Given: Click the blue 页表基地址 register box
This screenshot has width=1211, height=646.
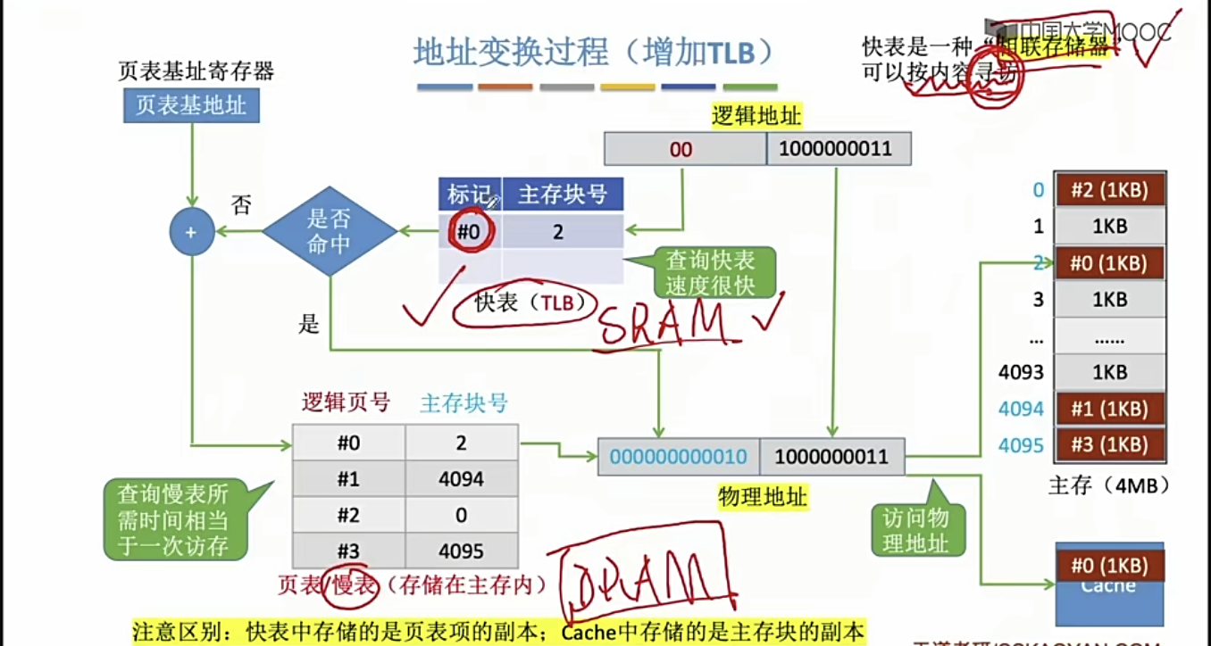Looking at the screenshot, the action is coord(191,105).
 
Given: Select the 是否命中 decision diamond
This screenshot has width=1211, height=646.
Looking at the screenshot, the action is coord(330,232).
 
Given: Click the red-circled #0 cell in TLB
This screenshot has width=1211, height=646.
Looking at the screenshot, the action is coord(469,232).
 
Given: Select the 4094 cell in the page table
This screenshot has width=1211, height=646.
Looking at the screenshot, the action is coord(461,479).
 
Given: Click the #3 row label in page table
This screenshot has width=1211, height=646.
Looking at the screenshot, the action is coord(348,551).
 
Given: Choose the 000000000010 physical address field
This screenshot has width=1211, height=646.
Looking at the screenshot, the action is coord(679,458).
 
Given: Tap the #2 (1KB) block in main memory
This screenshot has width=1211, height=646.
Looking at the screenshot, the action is coord(1111,189).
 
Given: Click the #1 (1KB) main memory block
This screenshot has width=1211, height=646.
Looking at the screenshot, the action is coord(1111,409).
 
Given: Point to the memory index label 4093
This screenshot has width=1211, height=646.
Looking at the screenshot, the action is coord(1022,372).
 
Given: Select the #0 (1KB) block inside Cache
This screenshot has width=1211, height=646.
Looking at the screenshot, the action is coord(1110,565).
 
